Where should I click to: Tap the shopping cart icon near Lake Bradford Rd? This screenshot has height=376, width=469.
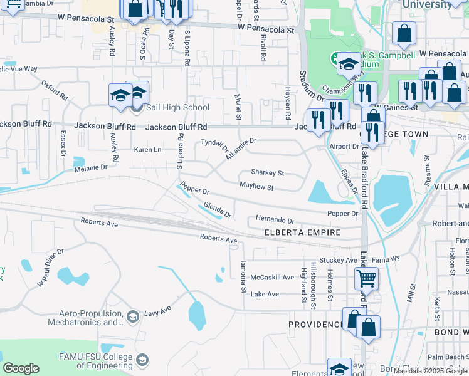point(366,277)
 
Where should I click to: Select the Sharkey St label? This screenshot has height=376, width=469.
point(268,172)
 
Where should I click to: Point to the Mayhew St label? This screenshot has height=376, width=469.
point(256,187)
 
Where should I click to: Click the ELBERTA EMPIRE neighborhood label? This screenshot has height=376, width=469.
point(303,232)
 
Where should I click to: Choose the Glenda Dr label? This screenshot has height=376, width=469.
point(217,211)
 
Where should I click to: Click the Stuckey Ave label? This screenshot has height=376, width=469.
point(337,260)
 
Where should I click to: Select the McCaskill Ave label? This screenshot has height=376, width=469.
point(272,277)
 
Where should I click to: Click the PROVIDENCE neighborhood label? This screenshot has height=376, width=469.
point(316,325)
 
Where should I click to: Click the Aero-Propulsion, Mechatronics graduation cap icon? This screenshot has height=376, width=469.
point(132,316)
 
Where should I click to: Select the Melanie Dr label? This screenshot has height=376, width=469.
point(91,168)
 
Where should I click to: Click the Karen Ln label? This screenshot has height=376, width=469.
point(147,150)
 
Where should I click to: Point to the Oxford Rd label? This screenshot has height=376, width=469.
point(55,90)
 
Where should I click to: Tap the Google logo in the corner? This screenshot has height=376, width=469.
point(21,368)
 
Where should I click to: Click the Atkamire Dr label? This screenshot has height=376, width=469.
point(241,149)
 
